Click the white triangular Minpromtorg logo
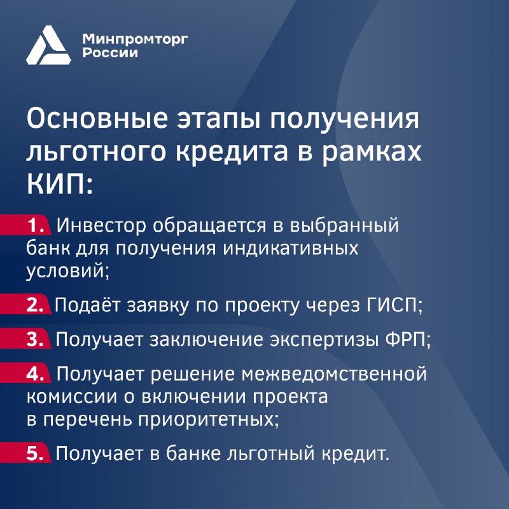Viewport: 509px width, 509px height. click(x=48, y=45)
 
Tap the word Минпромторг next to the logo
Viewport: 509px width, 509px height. click(x=135, y=39)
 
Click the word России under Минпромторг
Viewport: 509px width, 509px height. click(x=110, y=53)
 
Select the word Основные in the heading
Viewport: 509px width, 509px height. click(x=97, y=118)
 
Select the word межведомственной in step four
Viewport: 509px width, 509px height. click(x=334, y=373)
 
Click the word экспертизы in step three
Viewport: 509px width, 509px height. click(x=324, y=340)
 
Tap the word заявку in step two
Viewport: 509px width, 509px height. click(x=157, y=306)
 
